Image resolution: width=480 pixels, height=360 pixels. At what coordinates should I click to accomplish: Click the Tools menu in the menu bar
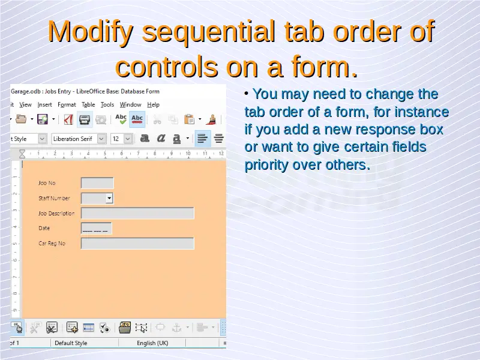point(107,104)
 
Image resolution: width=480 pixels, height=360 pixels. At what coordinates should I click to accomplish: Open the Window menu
point(130,104)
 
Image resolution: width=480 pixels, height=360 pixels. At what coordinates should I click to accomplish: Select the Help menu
point(153,104)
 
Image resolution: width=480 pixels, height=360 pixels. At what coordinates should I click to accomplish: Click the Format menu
point(67,104)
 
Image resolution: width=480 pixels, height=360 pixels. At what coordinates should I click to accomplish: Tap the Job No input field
point(97,183)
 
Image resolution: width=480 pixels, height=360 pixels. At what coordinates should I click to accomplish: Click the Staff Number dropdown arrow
point(109,199)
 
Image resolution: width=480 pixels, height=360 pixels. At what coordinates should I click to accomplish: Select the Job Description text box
point(137,214)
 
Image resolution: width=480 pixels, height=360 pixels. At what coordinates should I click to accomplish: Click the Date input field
point(97,229)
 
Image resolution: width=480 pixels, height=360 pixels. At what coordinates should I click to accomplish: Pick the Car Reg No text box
point(137,244)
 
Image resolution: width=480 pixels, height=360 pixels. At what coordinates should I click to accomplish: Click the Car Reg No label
point(52,244)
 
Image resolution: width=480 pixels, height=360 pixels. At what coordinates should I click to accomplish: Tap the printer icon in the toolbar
point(85,119)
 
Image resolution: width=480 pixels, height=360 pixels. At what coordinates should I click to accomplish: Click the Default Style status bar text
point(71,343)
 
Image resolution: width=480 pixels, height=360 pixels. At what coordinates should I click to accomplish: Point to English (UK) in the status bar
point(152,343)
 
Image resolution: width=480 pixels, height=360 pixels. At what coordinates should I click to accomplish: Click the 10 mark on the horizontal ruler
point(188,153)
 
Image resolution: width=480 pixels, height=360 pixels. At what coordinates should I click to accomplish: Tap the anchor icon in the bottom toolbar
point(176,328)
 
